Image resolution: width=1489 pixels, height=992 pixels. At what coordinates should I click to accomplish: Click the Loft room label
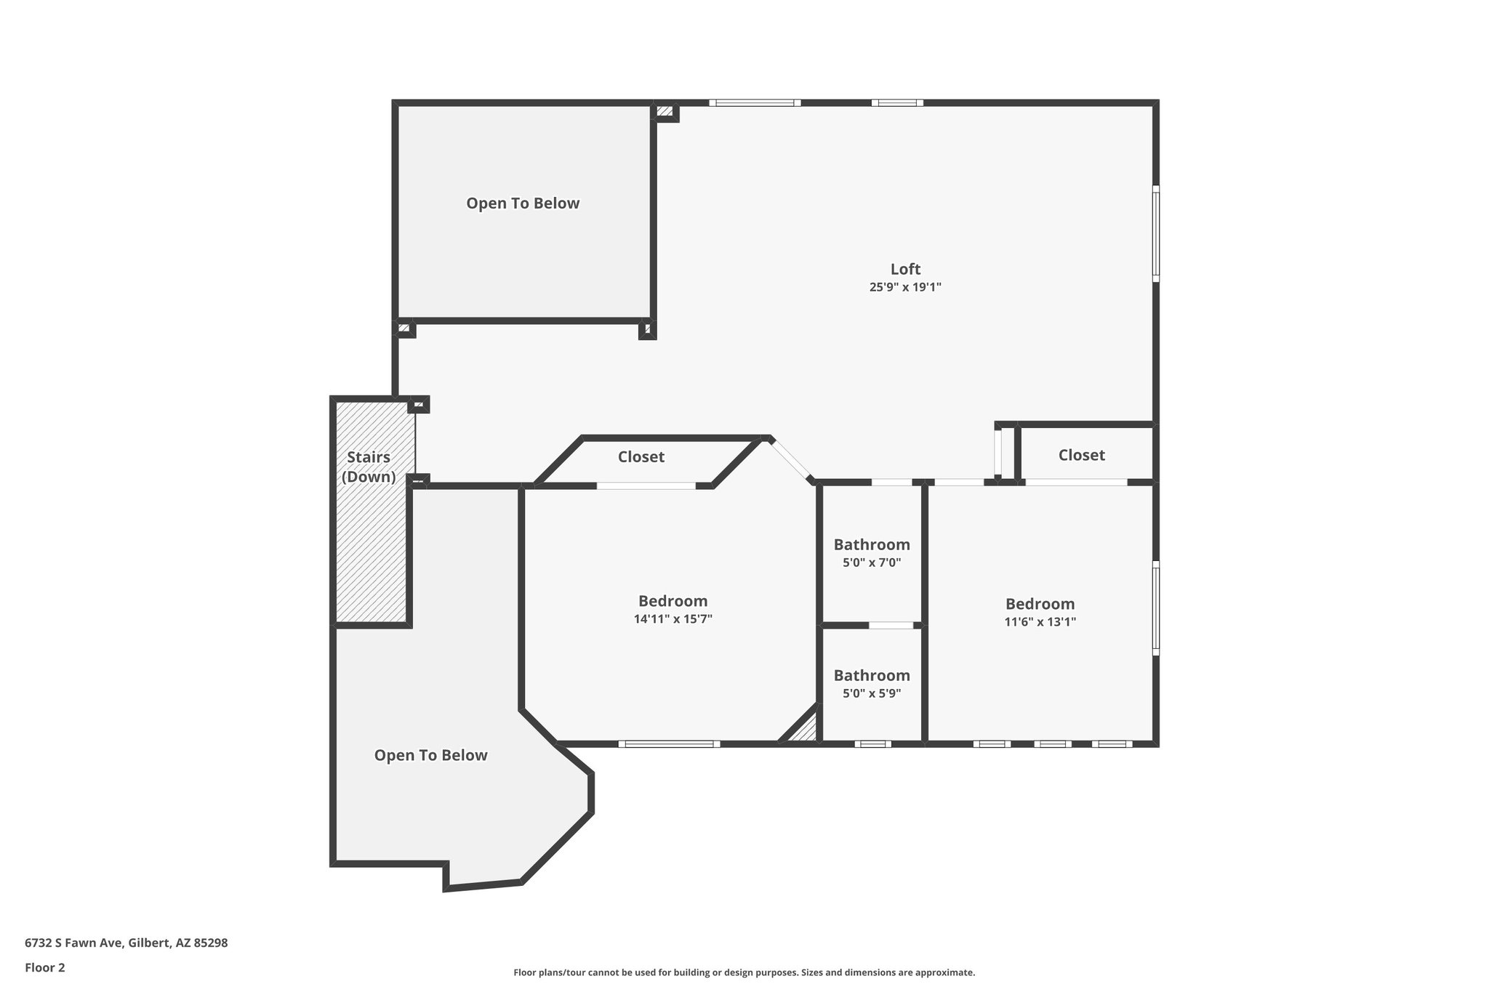coord(905,269)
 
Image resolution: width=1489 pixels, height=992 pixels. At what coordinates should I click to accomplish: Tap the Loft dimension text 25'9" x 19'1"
coord(905,287)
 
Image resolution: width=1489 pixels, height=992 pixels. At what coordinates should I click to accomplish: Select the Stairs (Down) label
coord(369,467)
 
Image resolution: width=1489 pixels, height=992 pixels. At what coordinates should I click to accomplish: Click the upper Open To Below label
coord(523,203)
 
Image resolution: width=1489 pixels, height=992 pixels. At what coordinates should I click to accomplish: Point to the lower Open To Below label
coord(430,755)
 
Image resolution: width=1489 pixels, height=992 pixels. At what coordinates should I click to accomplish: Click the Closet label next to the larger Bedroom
coord(641,456)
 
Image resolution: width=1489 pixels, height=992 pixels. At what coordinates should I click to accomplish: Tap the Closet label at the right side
coord(1081,455)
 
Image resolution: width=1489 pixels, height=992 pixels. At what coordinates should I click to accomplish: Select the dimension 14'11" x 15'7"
coord(673,619)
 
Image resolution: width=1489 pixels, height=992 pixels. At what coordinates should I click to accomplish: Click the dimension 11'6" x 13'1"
coord(1040,621)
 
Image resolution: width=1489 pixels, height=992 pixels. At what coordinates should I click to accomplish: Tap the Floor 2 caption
coord(45,967)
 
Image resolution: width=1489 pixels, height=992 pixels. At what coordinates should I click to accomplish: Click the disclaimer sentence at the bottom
coord(744,972)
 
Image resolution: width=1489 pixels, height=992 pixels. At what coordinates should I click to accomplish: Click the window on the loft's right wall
coord(1155,233)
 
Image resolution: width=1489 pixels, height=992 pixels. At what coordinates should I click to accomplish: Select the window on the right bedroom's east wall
coord(1155,608)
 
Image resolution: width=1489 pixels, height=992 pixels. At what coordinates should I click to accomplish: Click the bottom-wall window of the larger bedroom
coord(669,743)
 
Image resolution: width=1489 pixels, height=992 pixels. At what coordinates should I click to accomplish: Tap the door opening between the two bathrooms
coord(891,625)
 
